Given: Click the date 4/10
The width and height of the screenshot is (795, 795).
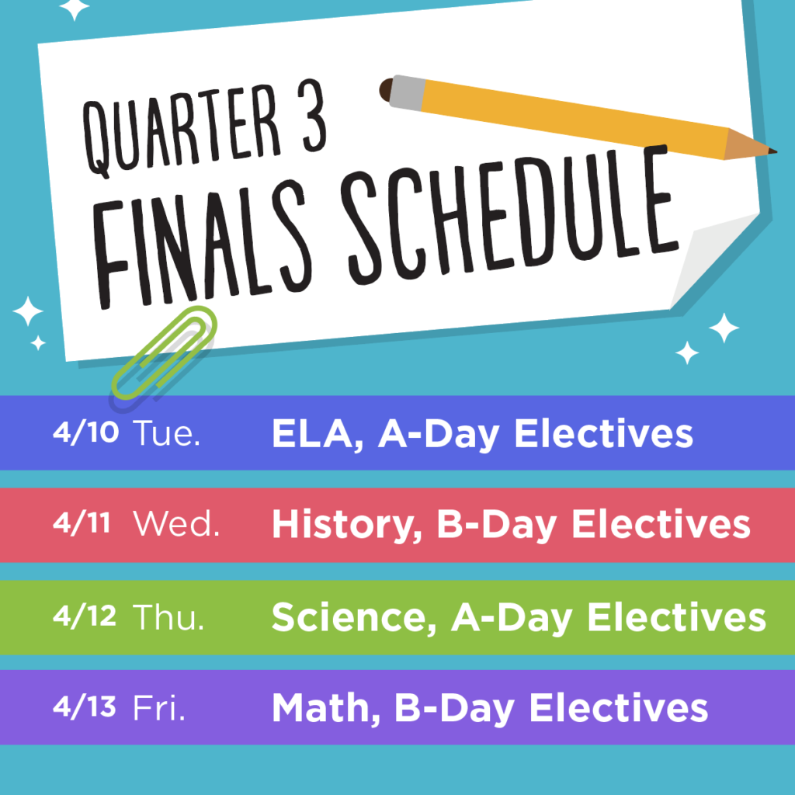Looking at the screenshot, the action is pyautogui.click(x=85, y=432).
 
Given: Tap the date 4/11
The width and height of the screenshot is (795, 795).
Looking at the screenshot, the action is pyautogui.click(x=82, y=522).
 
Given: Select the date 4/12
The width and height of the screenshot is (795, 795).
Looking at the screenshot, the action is pyautogui.click(x=85, y=616).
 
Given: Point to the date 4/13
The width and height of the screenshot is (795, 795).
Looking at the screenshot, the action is pyautogui.click(x=84, y=706).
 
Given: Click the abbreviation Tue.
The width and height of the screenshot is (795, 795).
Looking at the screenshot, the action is pyautogui.click(x=167, y=433).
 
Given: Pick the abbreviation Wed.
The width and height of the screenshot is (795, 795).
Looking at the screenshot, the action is pyautogui.click(x=176, y=524).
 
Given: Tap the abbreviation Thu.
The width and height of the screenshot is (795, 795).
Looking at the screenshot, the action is pyautogui.click(x=168, y=616).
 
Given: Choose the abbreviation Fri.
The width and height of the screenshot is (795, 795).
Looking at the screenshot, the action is pyautogui.click(x=158, y=708).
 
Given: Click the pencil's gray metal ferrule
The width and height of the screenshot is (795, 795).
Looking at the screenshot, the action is pyautogui.click(x=407, y=93).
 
